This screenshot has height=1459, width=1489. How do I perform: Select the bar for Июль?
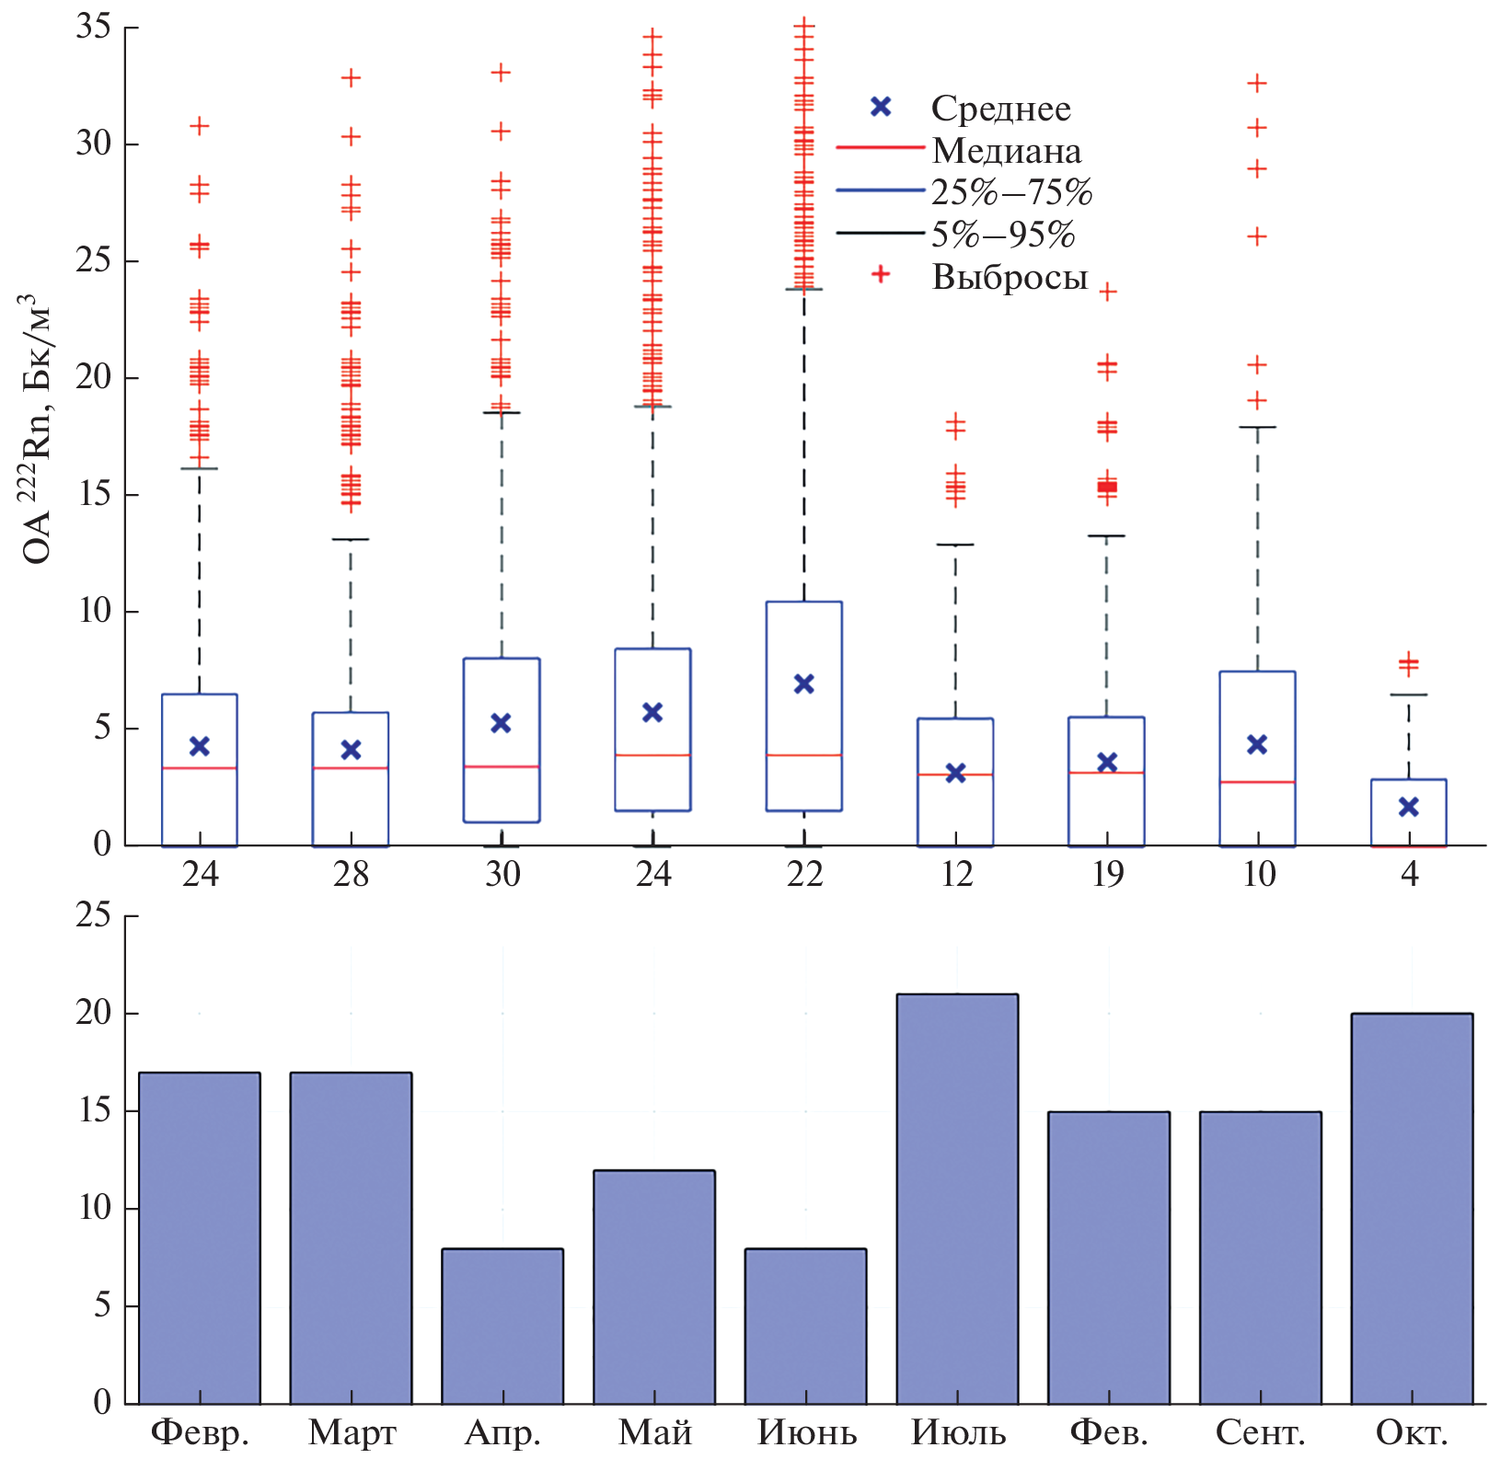[957, 1198]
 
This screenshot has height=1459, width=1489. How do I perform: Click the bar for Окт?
[1412, 1208]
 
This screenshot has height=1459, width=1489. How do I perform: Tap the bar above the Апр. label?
[502, 1325]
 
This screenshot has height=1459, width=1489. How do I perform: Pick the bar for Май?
[653, 1286]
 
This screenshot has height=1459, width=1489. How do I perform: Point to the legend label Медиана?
[1006, 151]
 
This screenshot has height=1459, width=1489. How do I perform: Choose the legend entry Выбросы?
[1010, 277]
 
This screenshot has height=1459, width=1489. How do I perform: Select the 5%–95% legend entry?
[1002, 235]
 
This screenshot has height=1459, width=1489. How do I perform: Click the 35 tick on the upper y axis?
[93, 28]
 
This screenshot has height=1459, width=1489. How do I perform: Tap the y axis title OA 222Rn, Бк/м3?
[37, 428]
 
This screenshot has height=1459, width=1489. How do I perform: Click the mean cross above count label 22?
[804, 684]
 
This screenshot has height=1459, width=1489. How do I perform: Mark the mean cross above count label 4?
[1409, 807]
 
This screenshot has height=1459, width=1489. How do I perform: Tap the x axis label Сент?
[1260, 1432]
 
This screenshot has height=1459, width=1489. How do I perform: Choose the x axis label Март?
[352, 1432]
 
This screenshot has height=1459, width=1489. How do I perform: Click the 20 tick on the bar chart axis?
[93, 1013]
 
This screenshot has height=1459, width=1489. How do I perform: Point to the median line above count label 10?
[1257, 782]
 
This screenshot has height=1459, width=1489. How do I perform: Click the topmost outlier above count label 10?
[1257, 84]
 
